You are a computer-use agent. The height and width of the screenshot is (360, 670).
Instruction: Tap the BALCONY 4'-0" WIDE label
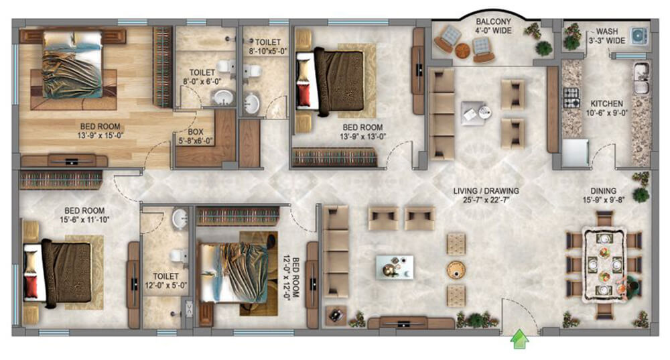(494, 26)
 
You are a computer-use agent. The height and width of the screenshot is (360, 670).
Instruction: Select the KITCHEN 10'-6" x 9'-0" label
(607, 108)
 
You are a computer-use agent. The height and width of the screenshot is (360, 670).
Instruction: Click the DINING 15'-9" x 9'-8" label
(604, 195)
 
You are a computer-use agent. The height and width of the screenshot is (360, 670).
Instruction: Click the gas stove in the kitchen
(571, 98)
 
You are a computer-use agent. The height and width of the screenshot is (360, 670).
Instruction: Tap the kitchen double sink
(641, 78)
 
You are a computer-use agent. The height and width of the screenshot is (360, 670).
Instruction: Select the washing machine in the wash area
(639, 36)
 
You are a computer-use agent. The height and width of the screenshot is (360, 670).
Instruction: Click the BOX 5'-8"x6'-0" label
(195, 136)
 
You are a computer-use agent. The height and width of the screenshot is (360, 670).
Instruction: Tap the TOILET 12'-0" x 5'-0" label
(165, 281)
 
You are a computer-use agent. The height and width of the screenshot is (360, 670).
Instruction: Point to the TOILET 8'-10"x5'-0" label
(268, 47)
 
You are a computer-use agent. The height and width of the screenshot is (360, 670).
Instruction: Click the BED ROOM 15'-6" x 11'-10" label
(84, 215)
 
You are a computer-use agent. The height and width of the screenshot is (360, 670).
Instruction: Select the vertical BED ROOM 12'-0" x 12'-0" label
(291, 278)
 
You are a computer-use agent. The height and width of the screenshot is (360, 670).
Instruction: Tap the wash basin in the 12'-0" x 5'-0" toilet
(180, 219)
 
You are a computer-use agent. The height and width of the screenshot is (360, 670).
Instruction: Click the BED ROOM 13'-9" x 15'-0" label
(100, 131)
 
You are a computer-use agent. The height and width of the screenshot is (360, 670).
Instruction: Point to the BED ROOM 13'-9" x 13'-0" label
(362, 132)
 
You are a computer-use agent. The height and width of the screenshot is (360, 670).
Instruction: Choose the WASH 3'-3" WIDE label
(607, 36)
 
